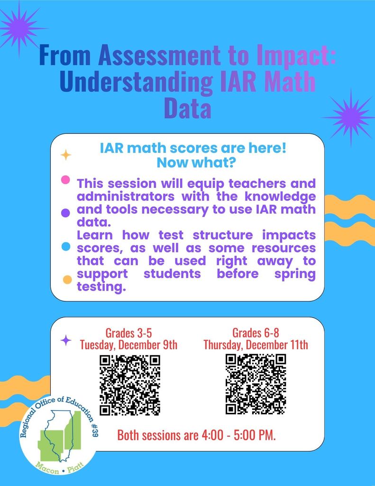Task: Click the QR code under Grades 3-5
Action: [129, 385]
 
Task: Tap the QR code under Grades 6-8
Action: [256, 384]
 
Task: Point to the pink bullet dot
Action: [66, 180]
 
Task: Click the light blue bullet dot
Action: [66, 246]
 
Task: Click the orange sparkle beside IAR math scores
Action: [65, 155]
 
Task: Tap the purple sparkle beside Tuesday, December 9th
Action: [66, 340]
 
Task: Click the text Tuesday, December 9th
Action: [128, 344]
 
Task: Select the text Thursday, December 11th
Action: [256, 344]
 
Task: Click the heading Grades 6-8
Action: [256, 332]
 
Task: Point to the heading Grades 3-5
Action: [128, 332]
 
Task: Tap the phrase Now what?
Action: [193, 163]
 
